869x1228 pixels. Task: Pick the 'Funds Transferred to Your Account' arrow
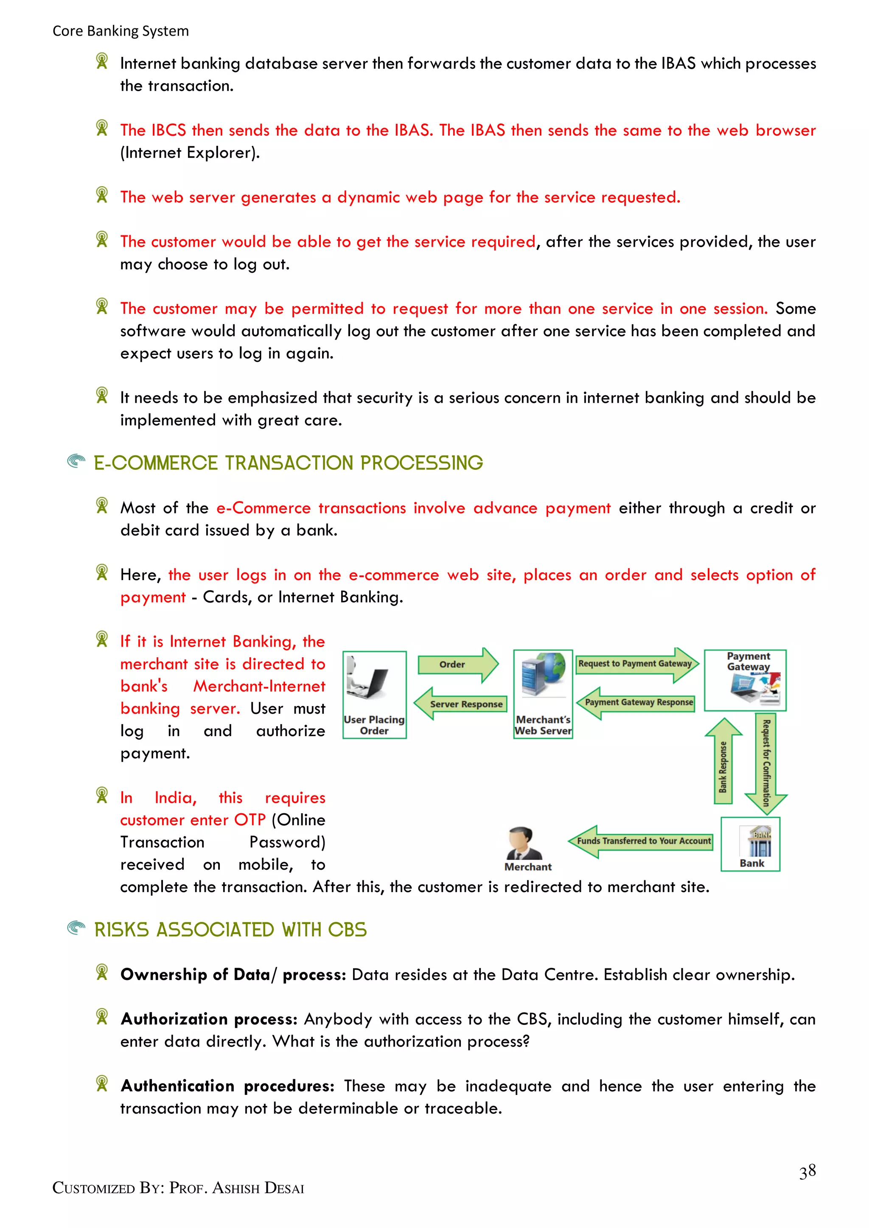pyautogui.click(x=642, y=841)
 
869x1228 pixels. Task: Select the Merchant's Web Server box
pyautogui.click(x=543, y=694)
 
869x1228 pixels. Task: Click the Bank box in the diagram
pyautogui.click(x=750, y=844)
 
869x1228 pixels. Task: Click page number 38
pyautogui.click(x=807, y=1171)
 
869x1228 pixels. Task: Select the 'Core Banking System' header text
pyautogui.click(x=121, y=31)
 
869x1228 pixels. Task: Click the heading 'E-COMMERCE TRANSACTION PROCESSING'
pyautogui.click(x=289, y=463)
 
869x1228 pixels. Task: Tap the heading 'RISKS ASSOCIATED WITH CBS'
pyautogui.click(x=231, y=930)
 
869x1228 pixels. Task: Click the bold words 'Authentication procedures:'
pyautogui.click(x=227, y=1086)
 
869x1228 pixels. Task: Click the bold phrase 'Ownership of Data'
pyautogui.click(x=195, y=974)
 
